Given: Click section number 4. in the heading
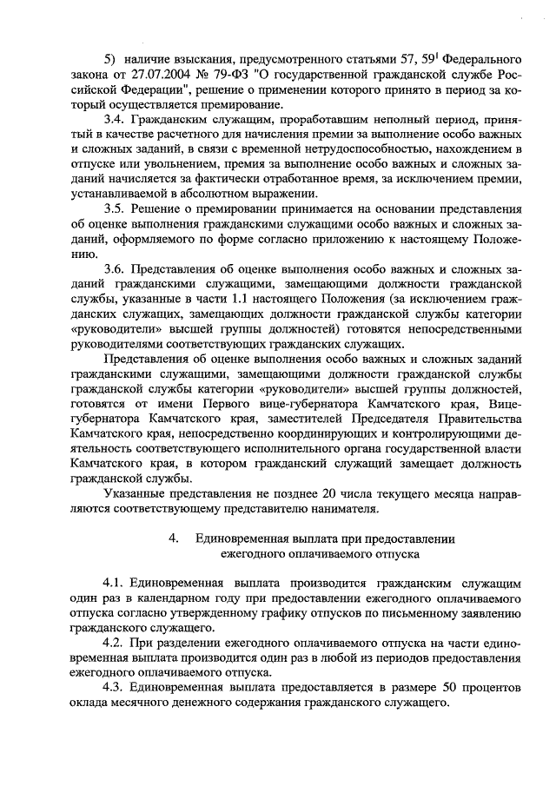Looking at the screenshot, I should point(175,538).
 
